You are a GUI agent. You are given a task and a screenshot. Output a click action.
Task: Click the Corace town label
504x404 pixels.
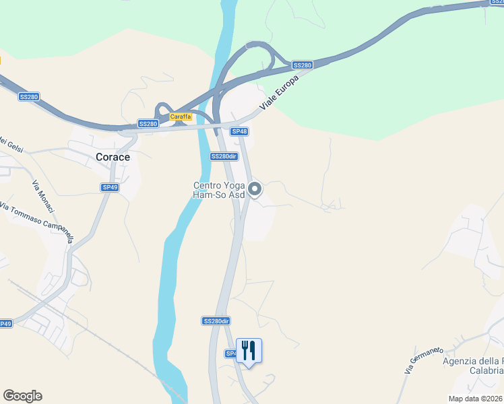(x=113, y=156)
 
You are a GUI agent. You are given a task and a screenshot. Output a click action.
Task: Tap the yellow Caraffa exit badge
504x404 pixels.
(x=181, y=116)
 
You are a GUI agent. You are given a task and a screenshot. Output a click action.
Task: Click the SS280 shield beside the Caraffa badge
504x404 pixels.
(x=148, y=124)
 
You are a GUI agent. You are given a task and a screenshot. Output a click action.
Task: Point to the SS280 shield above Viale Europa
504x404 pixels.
(x=303, y=65)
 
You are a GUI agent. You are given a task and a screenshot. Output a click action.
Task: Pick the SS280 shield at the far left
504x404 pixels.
(x=29, y=97)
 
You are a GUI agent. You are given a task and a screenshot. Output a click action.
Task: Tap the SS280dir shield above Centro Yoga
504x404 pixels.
(x=224, y=156)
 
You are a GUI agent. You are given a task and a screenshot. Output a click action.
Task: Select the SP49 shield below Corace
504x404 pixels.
(x=110, y=187)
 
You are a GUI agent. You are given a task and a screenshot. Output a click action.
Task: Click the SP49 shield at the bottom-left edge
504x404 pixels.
(x=5, y=324)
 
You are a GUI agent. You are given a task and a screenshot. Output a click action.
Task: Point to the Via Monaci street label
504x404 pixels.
(x=43, y=197)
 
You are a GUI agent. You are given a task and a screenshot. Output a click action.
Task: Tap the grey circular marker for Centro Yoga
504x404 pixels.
(x=255, y=189)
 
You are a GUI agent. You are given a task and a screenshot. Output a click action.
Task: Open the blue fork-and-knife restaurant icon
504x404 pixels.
(x=249, y=351)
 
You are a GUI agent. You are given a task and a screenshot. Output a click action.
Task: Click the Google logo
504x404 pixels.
(x=22, y=396)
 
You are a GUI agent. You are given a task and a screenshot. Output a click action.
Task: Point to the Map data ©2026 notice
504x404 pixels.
(x=476, y=399)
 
